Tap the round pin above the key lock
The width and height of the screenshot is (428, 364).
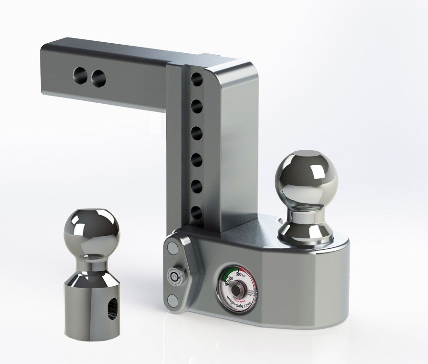pyautogui.click(x=171, y=248)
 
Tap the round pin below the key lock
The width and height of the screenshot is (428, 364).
pyautogui.click(x=172, y=301)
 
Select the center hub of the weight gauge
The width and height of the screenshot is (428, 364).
pyautogui.click(x=237, y=291)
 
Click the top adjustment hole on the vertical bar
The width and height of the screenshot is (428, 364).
pyautogui.click(x=196, y=78)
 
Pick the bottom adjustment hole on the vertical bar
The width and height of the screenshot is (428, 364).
pyautogui.click(x=196, y=212)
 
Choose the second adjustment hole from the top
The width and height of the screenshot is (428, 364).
pyautogui.click(x=196, y=105)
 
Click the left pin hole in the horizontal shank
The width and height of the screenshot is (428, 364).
pyautogui.click(x=80, y=74)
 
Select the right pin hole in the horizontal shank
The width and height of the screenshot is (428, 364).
pyautogui.click(x=98, y=77)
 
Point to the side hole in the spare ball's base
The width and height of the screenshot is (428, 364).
pyautogui.click(x=111, y=308)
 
